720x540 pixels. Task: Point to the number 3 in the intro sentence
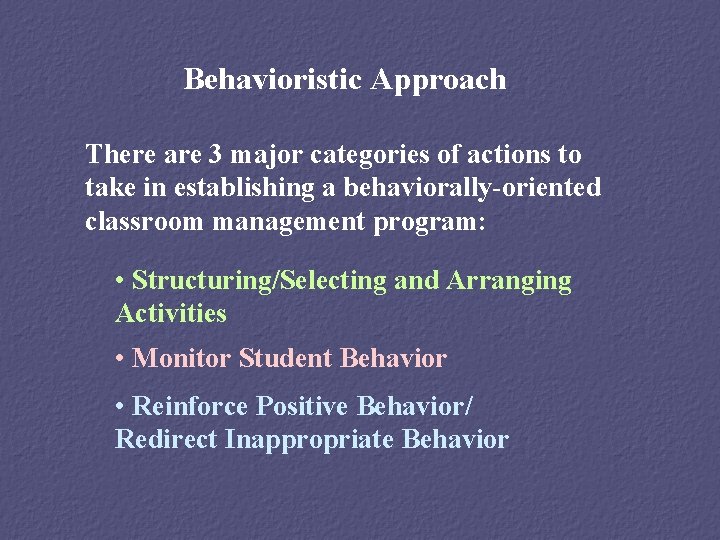(216, 155)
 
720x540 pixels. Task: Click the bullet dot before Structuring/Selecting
(120, 282)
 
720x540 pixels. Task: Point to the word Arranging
(509, 282)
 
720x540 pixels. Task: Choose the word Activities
(171, 314)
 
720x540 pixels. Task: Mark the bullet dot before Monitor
(120, 358)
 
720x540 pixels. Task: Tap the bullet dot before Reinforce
(120, 407)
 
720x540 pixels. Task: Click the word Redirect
(167, 439)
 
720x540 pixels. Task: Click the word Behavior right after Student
(393, 358)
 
